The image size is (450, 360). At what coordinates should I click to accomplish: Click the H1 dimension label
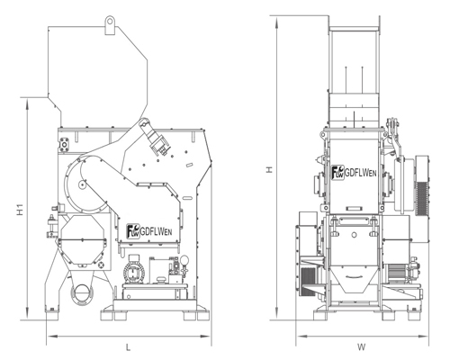(20, 210)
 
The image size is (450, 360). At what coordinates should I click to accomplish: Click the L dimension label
(128, 347)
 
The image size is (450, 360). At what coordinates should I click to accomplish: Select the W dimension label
(362, 347)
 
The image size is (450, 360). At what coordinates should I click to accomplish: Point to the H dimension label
(270, 170)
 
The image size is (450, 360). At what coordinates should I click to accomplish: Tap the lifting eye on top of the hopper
(110, 25)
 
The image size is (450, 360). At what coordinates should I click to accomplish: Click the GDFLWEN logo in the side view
(149, 231)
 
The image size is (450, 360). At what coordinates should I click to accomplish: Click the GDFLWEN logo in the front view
(354, 173)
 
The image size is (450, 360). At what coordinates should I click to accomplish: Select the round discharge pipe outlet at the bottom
(81, 293)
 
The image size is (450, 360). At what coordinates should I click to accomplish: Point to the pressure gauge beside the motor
(184, 260)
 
